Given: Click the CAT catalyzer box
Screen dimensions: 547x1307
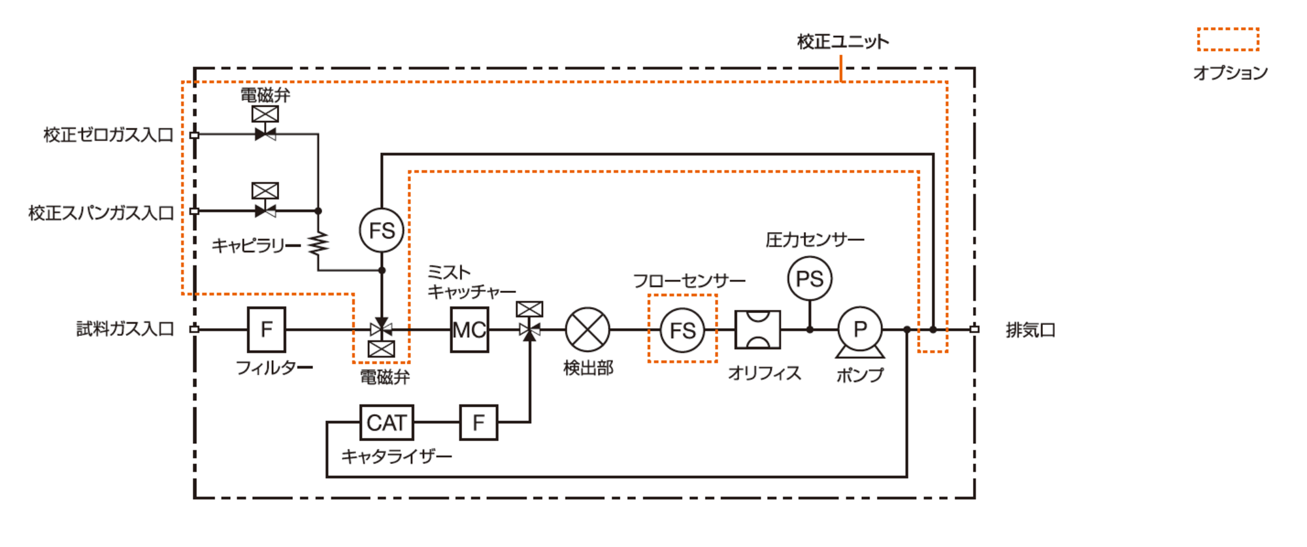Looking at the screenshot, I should [386, 423].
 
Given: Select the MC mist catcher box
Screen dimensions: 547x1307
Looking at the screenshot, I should [469, 330].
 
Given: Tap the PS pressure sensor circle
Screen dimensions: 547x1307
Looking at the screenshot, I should [810, 279].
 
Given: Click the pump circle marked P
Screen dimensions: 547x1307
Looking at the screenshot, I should [860, 329].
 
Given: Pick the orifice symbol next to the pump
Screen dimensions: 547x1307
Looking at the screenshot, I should [757, 330].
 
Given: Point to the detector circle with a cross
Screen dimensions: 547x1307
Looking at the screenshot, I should [587, 330].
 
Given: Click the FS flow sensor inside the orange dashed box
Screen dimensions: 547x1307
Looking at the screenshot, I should [682, 330].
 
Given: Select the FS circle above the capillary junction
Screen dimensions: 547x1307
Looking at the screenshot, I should [382, 230].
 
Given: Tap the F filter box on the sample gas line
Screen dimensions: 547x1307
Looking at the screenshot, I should [266, 329].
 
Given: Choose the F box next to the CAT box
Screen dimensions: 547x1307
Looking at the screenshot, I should [478, 423].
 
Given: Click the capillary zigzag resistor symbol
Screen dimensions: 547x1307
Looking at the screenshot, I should [318, 244].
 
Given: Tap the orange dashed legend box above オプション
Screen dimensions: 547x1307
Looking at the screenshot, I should [1228, 39].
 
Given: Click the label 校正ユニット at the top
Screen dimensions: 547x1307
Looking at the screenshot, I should [842, 42].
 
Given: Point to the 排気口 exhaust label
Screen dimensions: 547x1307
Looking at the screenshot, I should [1030, 330].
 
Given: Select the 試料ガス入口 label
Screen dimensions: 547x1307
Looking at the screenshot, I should [125, 329].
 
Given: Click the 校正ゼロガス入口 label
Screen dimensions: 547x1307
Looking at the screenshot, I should [108, 135].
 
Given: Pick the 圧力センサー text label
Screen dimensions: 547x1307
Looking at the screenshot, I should [814, 240].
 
